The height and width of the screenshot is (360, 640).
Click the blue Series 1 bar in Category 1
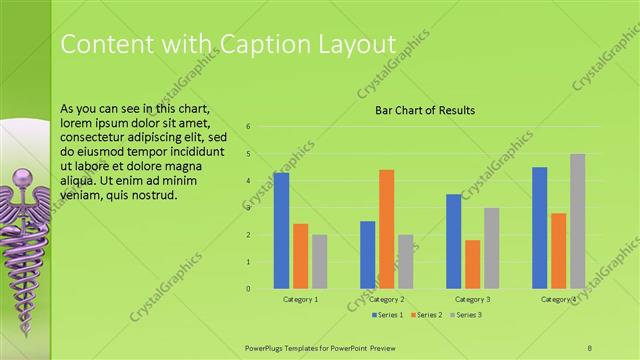(281, 231)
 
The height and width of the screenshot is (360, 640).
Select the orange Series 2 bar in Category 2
(386, 229)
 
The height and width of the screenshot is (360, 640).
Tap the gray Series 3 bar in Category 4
(577, 221)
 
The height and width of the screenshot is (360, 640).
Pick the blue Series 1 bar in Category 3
(453, 241)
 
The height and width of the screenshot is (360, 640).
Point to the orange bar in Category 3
(472, 264)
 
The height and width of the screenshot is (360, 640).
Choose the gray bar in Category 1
(319, 262)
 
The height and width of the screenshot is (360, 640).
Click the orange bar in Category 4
(558, 250)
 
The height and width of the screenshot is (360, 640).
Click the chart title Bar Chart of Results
(425, 110)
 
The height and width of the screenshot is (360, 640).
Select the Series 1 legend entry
(387, 315)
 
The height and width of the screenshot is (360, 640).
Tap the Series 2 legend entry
(426, 315)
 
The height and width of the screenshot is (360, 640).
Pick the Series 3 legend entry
(465, 315)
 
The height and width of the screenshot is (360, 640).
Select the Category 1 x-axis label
(300, 299)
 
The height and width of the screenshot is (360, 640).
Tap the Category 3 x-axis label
(472, 299)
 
